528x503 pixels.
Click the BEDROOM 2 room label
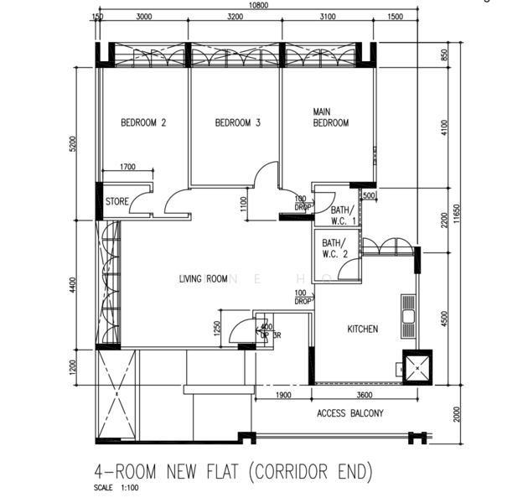[x=143, y=122]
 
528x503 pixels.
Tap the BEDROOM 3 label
[x=238, y=122]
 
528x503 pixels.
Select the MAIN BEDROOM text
[x=330, y=117]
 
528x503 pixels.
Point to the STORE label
[x=117, y=202]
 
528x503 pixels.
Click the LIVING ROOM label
[x=204, y=279]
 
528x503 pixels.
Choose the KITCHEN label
[x=362, y=329]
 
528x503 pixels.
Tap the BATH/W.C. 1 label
[x=343, y=215]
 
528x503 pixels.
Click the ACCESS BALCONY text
[x=349, y=413]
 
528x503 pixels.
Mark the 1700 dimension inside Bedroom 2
[x=128, y=167]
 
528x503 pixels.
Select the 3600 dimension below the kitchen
[x=365, y=396]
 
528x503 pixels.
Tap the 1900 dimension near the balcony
[x=282, y=396]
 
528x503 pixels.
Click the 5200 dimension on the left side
[x=74, y=143]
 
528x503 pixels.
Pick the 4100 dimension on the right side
[x=445, y=127]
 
